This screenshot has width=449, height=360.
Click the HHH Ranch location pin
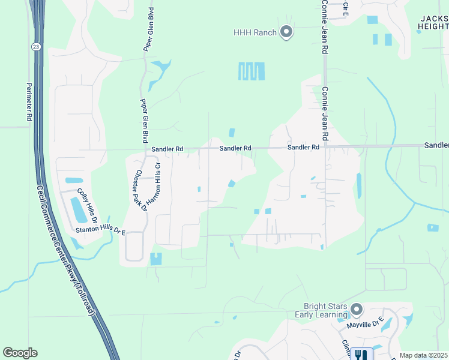tap(286, 32)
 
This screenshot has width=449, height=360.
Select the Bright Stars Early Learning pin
tap(357, 310)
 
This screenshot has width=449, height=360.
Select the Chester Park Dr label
tap(140, 190)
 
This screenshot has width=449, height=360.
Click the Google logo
tap(20, 353)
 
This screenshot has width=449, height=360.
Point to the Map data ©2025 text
tap(424, 355)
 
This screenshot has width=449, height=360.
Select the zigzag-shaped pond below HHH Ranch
tap(252, 71)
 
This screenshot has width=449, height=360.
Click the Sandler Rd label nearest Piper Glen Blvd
tap(167, 148)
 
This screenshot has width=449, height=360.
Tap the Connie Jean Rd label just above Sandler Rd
tap(325, 114)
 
